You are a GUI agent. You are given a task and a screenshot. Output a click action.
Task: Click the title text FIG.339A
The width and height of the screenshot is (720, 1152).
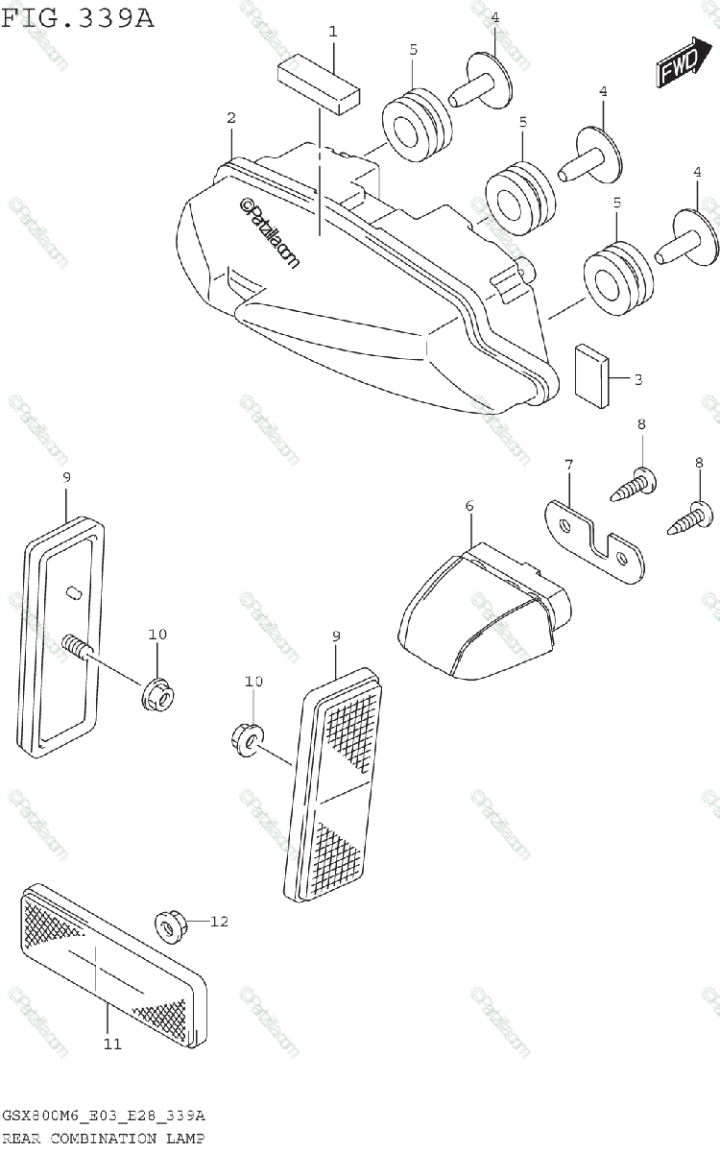coord(78,17)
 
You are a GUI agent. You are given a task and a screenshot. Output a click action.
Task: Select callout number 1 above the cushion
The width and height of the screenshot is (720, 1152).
coord(332,32)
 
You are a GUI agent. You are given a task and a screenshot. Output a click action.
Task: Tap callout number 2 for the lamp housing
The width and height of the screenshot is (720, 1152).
coord(230,118)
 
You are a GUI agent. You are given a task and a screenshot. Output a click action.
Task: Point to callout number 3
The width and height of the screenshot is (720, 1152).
coord(637,379)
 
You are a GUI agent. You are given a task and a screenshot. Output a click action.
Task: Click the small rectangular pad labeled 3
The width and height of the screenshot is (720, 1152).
coord(591,376)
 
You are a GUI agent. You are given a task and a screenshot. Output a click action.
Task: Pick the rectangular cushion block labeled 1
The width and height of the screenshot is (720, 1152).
coord(318,84)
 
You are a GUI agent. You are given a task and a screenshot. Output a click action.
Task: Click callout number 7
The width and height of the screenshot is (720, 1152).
coord(568,466)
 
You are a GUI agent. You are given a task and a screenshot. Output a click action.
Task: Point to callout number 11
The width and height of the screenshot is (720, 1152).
coord(113,1044)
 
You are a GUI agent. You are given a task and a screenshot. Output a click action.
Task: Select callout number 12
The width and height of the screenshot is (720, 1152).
coord(220,922)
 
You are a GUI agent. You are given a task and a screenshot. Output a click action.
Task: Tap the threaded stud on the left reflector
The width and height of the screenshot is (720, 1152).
coord(78,648)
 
